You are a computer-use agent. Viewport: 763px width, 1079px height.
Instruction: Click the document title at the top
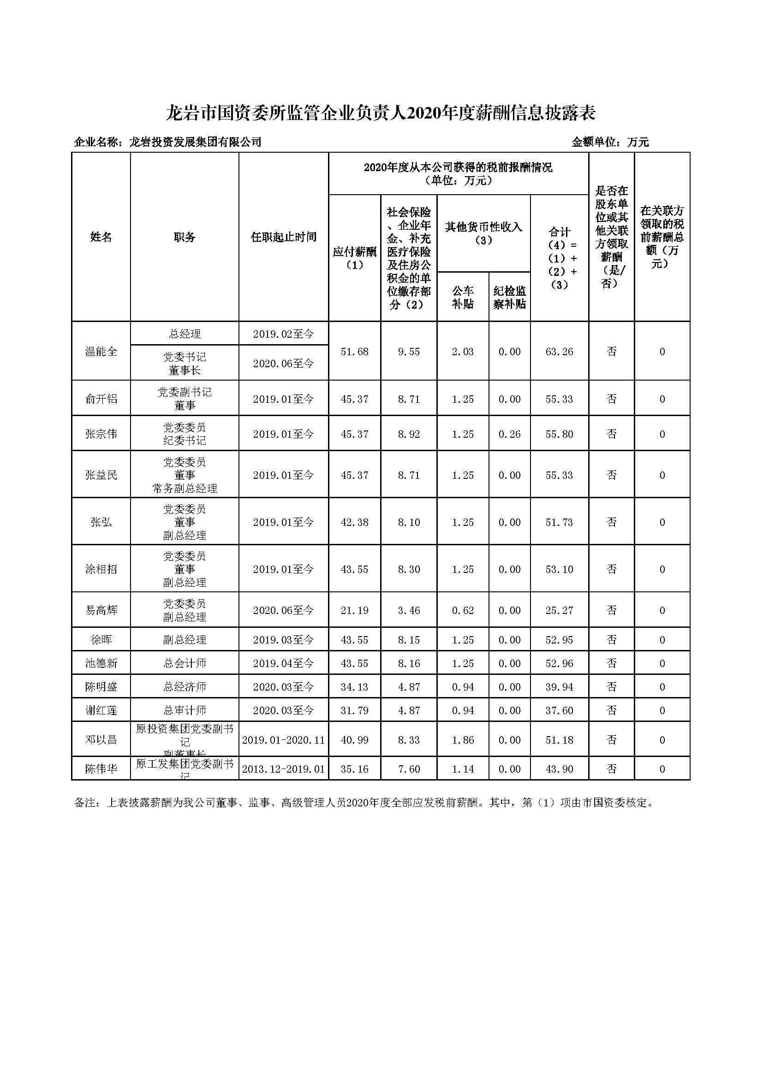(x=381, y=113)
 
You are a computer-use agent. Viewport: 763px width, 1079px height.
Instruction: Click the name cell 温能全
(x=101, y=352)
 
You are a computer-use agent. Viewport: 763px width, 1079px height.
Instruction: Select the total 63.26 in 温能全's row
(x=559, y=352)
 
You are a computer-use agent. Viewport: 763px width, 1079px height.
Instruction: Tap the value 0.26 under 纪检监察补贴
(x=509, y=434)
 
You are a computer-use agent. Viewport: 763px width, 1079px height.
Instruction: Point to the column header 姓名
(x=101, y=237)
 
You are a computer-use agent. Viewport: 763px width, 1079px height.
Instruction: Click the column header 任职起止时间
(x=283, y=237)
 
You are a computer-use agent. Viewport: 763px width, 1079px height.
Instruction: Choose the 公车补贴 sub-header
(x=463, y=298)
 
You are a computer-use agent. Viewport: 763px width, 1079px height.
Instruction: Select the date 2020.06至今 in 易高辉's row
(x=283, y=610)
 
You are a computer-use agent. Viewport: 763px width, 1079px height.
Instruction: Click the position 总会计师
(x=185, y=663)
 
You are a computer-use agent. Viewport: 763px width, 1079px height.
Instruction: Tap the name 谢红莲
(x=101, y=710)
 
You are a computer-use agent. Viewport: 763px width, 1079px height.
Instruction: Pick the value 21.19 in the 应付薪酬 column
(x=354, y=610)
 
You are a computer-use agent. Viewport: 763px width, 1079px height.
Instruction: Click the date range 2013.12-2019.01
(x=283, y=769)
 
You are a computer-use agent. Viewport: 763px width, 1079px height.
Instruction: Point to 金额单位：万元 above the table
(x=610, y=142)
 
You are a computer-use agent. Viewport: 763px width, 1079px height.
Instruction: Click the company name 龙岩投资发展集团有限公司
(x=195, y=142)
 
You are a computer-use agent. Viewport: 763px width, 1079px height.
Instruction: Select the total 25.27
(x=559, y=610)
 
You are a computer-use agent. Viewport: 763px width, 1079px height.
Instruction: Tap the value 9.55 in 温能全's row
(x=408, y=352)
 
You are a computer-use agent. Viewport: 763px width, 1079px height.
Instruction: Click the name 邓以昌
(x=101, y=740)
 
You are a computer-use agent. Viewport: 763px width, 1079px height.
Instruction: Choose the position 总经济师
(x=185, y=687)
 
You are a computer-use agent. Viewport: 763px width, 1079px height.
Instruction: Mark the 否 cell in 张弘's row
(x=611, y=522)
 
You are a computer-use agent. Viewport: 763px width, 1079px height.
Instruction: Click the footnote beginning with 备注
(x=364, y=803)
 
